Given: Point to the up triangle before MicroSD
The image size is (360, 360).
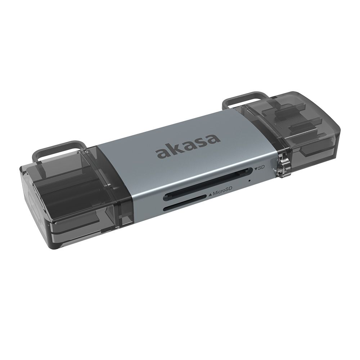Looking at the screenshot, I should (210, 195).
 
